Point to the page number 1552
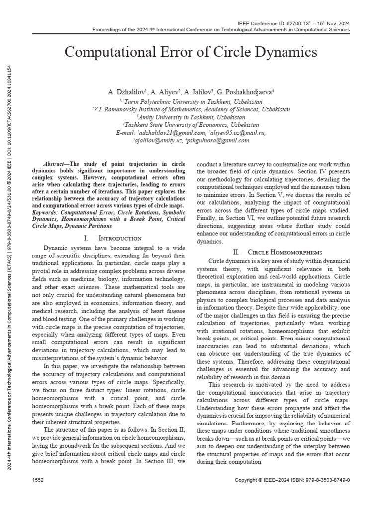[38, 480]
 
